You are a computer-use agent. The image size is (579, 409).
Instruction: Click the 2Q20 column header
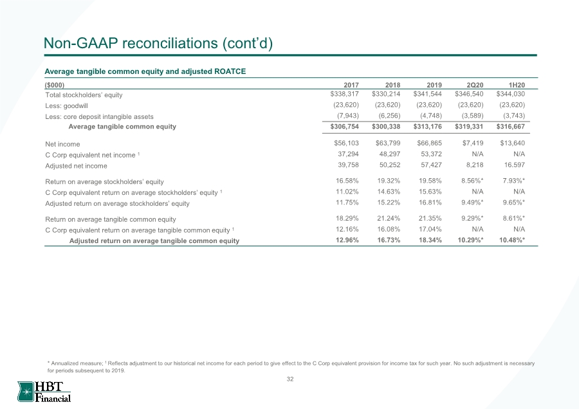coord(475,85)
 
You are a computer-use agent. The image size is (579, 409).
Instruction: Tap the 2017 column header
coord(351,85)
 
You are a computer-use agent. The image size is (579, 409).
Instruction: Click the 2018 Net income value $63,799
coord(388,143)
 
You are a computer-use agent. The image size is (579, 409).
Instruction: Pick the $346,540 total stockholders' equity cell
coord(469,94)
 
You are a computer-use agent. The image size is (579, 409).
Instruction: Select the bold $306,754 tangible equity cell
coord(345,127)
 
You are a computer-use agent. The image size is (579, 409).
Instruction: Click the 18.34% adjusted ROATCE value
coord(430,240)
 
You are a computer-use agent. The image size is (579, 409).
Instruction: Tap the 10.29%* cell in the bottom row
coord(471,240)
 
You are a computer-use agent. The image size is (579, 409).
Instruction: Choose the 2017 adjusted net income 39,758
coord(348,165)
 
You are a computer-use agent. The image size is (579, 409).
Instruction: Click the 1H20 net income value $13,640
coord(513,143)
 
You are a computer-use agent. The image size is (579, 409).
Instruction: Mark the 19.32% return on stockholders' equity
coord(389,181)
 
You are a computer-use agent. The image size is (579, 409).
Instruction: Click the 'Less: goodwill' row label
coord(66,106)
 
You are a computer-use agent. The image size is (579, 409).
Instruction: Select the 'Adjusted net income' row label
coord(76,166)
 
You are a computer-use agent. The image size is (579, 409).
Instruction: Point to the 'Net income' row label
coord(62,144)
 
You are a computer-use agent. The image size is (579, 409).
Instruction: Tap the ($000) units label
coord(54,86)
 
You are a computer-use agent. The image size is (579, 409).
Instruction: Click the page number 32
coord(290,379)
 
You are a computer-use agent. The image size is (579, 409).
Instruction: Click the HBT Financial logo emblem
coord(26,392)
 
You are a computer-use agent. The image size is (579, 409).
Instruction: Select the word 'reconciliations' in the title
coord(170,43)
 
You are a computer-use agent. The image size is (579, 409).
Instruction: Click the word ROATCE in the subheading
coord(230,71)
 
